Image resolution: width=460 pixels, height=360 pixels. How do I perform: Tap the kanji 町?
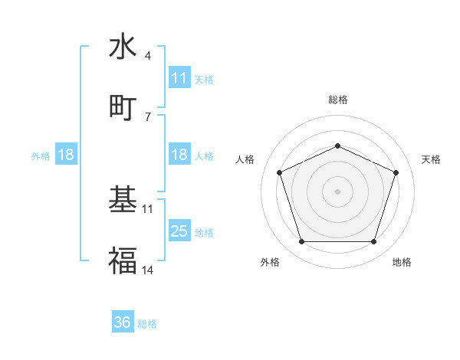123,107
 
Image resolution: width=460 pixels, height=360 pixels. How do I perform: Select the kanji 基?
123,200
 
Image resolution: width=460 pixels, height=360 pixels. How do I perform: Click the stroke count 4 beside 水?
147,55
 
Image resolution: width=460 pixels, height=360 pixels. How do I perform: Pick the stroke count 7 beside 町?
147,116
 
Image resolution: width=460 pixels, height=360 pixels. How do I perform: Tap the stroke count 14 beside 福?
148,270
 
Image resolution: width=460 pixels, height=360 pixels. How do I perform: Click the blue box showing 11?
179,78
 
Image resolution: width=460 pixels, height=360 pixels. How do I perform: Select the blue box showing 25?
179,231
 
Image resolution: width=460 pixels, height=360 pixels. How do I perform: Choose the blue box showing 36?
123,322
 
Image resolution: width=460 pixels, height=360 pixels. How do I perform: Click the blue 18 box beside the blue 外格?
66,155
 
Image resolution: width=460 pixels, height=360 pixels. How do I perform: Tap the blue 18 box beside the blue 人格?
179,155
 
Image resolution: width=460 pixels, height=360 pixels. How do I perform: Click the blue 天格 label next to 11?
204,79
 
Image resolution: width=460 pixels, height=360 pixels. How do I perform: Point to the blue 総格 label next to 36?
147,324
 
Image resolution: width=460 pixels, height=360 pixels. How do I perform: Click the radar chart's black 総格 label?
337,100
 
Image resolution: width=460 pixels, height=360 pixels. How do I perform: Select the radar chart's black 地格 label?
402,262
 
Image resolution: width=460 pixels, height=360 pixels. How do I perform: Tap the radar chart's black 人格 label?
245,159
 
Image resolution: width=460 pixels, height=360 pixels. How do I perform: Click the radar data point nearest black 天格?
396,172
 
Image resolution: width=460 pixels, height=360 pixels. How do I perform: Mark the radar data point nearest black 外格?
301,242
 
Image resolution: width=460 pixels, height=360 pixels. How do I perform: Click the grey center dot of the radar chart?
337,191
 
